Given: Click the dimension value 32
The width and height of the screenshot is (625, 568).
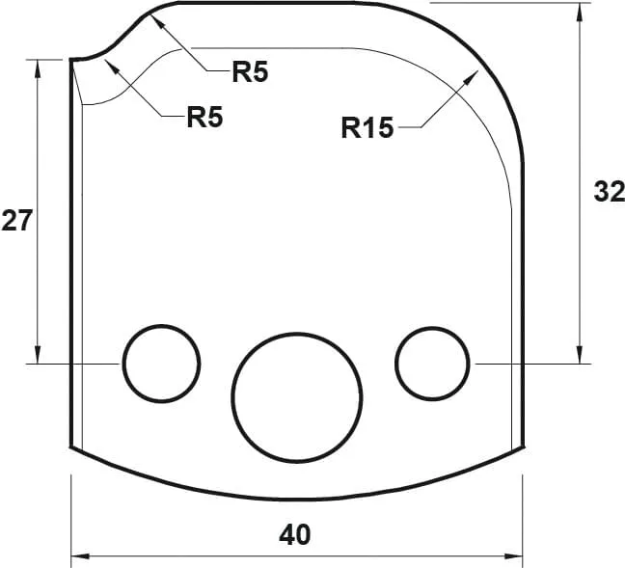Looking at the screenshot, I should click(608, 192).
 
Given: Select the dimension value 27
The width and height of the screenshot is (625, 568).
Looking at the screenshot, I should click(17, 221).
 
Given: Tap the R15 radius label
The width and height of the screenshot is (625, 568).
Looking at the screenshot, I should click(367, 126).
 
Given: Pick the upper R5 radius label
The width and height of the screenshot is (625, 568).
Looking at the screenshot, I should click(249, 71).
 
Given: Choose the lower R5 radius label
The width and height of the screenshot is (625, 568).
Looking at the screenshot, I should click(204, 118).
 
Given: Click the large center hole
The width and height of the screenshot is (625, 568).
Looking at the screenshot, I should click(297, 397).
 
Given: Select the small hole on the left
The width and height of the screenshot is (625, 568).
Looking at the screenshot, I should click(161, 364).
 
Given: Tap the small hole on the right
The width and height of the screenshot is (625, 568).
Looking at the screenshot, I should click(433, 364).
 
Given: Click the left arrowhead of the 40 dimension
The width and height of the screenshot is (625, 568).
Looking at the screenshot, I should click(77, 556).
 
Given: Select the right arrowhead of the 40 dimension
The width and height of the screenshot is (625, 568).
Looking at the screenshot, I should click(517, 556).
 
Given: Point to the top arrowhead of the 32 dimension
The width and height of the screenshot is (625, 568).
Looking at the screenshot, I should click(580, 9).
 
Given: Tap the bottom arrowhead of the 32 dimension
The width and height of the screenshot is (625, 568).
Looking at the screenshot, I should click(580, 358).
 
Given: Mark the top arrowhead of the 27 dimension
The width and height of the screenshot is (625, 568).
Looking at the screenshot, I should click(38, 65).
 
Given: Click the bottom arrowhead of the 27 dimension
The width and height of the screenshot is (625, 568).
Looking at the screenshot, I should click(38, 358).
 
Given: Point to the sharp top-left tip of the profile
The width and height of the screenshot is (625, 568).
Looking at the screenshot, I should click(70, 60).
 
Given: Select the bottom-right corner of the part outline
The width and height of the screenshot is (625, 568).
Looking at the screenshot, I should click(523, 446).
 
